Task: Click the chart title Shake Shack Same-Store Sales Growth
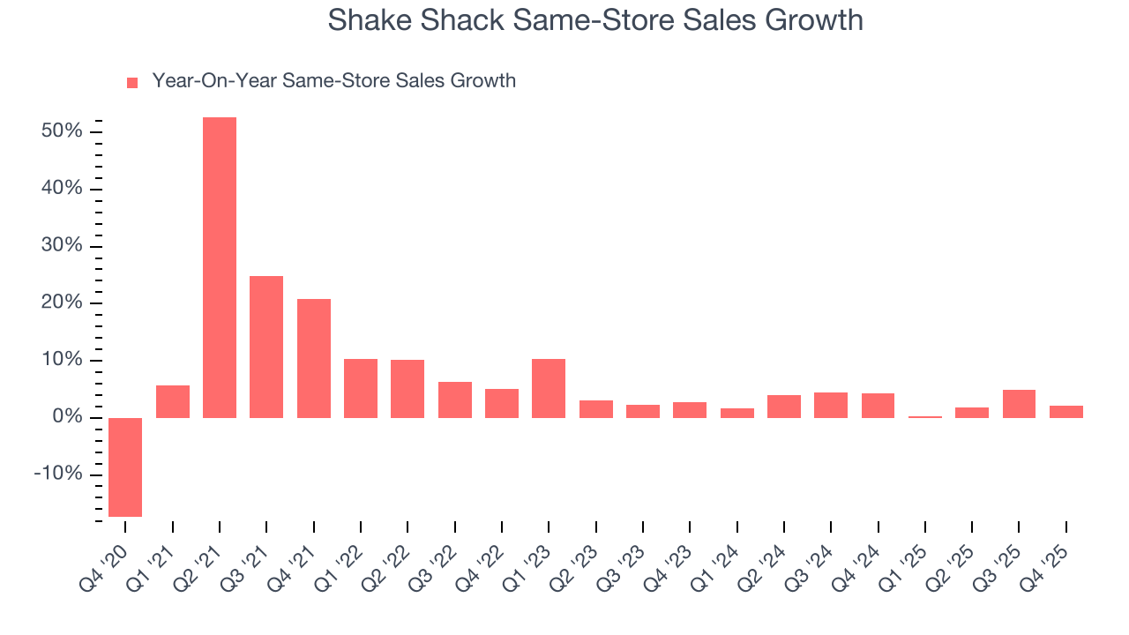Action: pyautogui.click(x=595, y=19)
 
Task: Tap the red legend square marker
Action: pyautogui.click(x=132, y=82)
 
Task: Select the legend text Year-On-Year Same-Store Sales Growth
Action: pyautogui.click(x=333, y=81)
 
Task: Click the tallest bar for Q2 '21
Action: pyautogui.click(x=220, y=267)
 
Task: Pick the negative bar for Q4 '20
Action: pyautogui.click(x=125, y=467)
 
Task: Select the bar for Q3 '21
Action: pyautogui.click(x=266, y=347)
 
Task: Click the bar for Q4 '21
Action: pyautogui.click(x=314, y=358)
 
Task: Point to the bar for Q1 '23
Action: pyautogui.click(x=549, y=388)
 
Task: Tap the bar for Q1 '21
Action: pyautogui.click(x=173, y=401)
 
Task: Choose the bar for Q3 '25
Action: pyautogui.click(x=1019, y=403)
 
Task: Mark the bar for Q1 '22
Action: pyautogui.click(x=361, y=388)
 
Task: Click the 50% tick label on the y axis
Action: pyautogui.click(x=62, y=131)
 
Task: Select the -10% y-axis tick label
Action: pyautogui.click(x=58, y=474)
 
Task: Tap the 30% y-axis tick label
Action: pyautogui.click(x=62, y=246)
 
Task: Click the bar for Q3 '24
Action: pyautogui.click(x=831, y=405)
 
